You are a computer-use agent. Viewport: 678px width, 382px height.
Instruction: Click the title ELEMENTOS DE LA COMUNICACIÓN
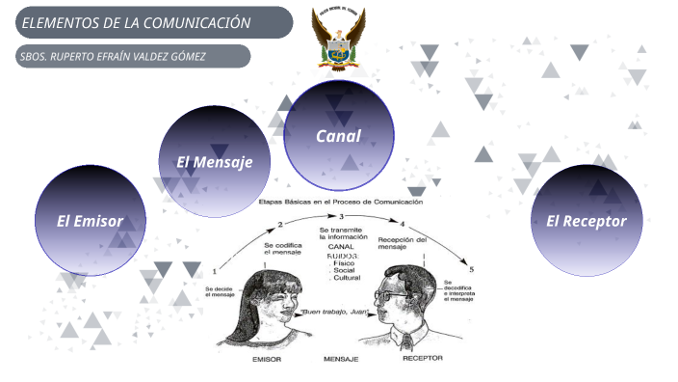click(136, 22)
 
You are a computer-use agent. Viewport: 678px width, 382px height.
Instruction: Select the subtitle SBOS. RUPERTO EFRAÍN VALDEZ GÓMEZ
click(113, 56)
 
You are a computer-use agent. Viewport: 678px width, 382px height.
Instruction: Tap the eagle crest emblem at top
click(338, 40)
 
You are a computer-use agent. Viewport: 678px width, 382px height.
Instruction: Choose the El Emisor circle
click(91, 221)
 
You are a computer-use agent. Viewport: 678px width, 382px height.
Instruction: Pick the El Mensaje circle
click(214, 162)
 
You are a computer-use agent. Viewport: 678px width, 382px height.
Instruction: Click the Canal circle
click(338, 135)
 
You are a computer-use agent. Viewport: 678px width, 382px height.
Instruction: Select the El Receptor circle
click(587, 221)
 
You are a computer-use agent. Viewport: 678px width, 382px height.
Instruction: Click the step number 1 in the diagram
click(213, 272)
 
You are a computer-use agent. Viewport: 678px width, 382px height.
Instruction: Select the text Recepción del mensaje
click(403, 243)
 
